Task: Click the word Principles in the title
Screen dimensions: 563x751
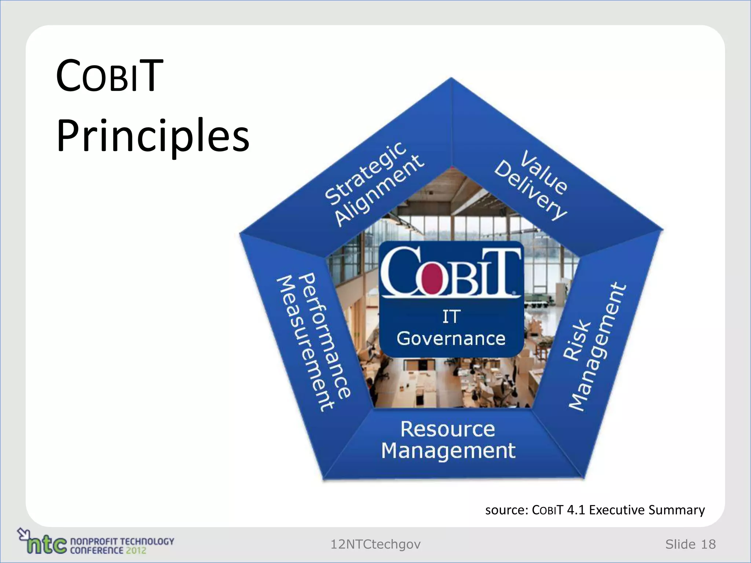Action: [x=153, y=136]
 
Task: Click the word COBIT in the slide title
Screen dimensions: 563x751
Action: [x=109, y=76]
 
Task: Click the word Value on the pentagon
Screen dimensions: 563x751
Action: [x=545, y=172]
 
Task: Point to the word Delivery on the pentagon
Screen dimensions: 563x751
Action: [x=530, y=190]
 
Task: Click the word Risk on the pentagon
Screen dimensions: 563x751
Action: [x=577, y=340]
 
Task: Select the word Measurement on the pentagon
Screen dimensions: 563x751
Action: [x=305, y=343]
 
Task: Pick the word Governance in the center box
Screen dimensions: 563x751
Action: [x=451, y=338]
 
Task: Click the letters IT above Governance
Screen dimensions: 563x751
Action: [x=451, y=316]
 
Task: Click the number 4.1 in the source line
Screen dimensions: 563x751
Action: [x=576, y=510]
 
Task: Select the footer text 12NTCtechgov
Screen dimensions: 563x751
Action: [x=375, y=544]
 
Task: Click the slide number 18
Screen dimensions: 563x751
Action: [x=708, y=544]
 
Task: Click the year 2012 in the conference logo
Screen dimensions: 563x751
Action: [x=136, y=550]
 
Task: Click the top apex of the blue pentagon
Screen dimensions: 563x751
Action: [x=451, y=78]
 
